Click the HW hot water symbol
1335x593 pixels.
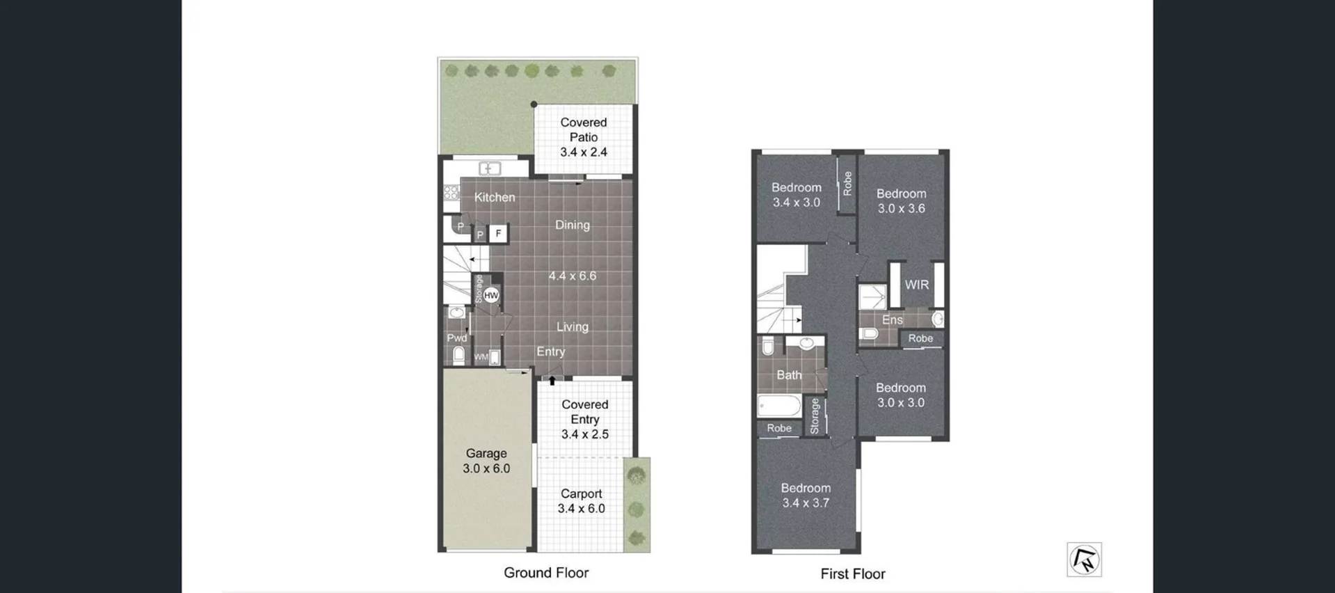(x=491, y=296)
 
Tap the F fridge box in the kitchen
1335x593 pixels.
(x=498, y=234)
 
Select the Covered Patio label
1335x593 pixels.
(x=584, y=130)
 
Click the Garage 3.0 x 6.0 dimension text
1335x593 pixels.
(x=486, y=468)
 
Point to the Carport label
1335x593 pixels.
(x=581, y=493)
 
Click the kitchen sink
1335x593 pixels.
(x=490, y=168)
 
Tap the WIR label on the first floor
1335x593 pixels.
(x=917, y=285)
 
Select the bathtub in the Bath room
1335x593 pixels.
(x=779, y=405)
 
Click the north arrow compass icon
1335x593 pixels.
(x=1084, y=560)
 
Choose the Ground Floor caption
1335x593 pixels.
(x=546, y=573)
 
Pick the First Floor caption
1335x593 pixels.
(x=853, y=574)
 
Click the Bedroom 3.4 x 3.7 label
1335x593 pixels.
(x=806, y=496)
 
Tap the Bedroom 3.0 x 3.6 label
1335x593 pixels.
(x=901, y=201)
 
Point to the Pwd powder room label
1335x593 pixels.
(x=457, y=338)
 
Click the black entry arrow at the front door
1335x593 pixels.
(x=552, y=380)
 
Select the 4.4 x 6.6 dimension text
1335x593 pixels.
(x=573, y=276)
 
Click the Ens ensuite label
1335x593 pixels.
(x=892, y=320)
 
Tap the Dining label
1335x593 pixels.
(x=573, y=225)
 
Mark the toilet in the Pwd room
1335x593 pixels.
(x=458, y=356)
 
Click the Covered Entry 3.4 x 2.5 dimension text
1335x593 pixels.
(x=585, y=434)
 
